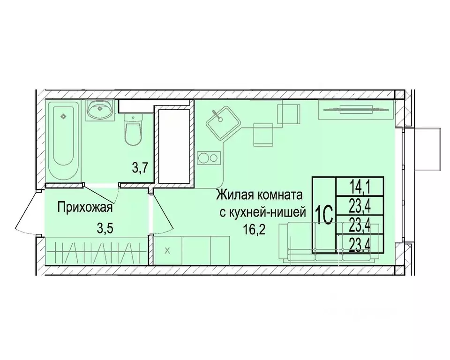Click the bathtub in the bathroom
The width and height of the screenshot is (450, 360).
coord(64,142)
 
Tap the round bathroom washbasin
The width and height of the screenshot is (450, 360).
coord(99,111)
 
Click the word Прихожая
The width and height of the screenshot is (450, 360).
coord(85,207)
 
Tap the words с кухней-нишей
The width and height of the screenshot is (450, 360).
coord(263,212)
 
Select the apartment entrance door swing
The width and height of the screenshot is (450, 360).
coord(28,211)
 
